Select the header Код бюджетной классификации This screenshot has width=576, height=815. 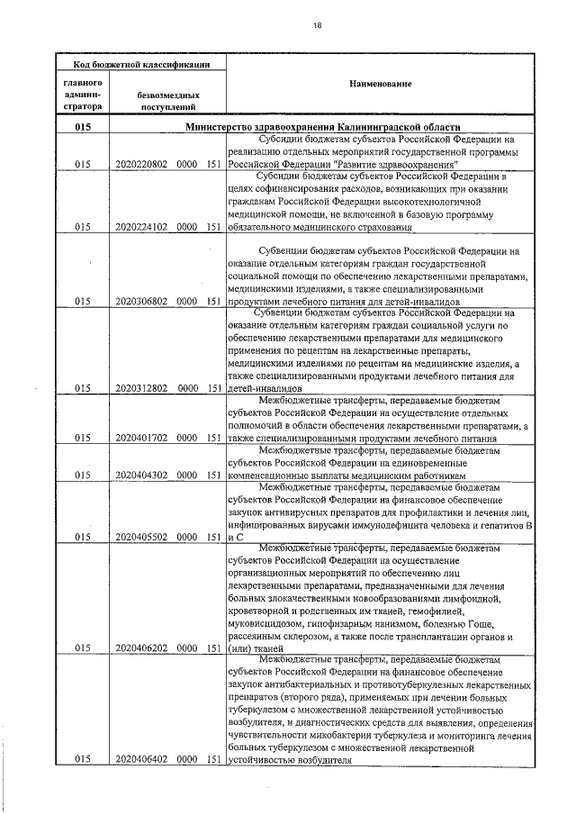(142, 64)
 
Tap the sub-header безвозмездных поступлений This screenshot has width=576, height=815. (168, 100)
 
